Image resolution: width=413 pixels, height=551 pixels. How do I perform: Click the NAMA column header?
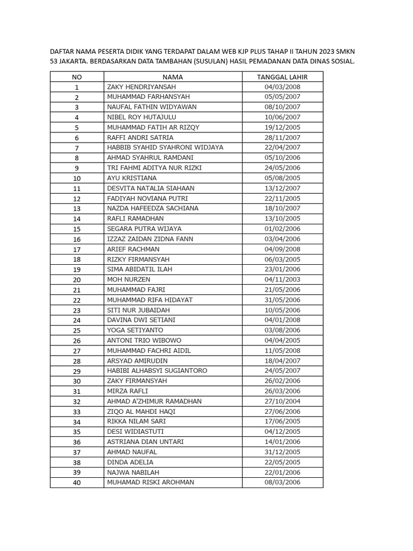[173, 77]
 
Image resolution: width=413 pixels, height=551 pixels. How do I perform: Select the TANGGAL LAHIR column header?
[282, 77]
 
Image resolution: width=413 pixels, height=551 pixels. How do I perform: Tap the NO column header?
[77, 77]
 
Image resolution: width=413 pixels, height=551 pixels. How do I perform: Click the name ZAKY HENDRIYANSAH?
[141, 87]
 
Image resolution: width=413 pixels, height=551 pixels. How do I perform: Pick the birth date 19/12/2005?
[282, 128]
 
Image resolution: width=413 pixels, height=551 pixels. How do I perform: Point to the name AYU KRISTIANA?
[132, 178]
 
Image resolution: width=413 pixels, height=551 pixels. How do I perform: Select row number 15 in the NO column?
[77, 229]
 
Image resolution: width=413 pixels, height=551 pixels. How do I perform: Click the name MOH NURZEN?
[129, 279]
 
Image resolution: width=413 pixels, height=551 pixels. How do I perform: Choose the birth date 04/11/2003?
[282, 279]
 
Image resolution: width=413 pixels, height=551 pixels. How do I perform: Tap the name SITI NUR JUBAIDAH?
[138, 310]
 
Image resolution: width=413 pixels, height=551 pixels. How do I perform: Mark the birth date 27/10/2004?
[282, 401]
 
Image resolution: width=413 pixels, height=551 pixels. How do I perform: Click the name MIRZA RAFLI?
[127, 391]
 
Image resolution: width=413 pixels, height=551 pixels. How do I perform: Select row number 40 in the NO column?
[77, 482]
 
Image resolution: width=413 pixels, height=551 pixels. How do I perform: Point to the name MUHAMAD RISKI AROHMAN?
[151, 482]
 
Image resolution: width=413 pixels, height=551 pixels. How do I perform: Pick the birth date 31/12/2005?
[282, 452]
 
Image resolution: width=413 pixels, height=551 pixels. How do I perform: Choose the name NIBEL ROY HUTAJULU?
[141, 117]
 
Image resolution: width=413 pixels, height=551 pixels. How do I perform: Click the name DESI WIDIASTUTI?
[136, 432]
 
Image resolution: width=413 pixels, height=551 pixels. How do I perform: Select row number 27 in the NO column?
[77, 350]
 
